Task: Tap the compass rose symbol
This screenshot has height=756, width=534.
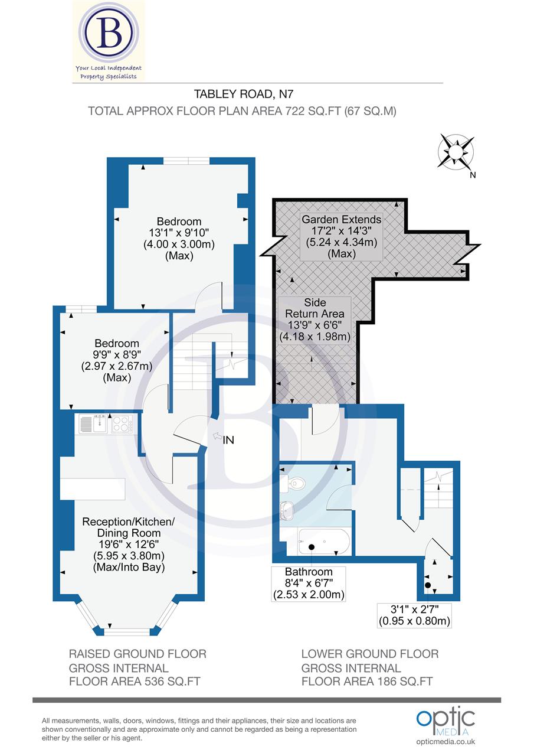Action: (456, 151)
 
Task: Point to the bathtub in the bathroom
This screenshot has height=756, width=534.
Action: (324, 542)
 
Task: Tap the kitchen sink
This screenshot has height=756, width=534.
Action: (93, 423)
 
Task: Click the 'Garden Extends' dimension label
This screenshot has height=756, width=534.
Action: (342, 236)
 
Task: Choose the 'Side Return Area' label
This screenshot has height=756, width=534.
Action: (314, 320)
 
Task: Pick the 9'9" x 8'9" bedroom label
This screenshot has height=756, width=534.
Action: (117, 360)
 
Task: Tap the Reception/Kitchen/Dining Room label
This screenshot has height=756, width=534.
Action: (129, 544)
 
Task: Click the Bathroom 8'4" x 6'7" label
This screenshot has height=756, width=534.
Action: (309, 583)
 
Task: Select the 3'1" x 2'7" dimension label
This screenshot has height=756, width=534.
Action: (414, 615)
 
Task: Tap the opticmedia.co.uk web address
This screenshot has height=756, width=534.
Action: (445, 742)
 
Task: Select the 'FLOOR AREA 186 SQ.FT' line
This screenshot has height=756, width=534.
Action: (367, 681)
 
